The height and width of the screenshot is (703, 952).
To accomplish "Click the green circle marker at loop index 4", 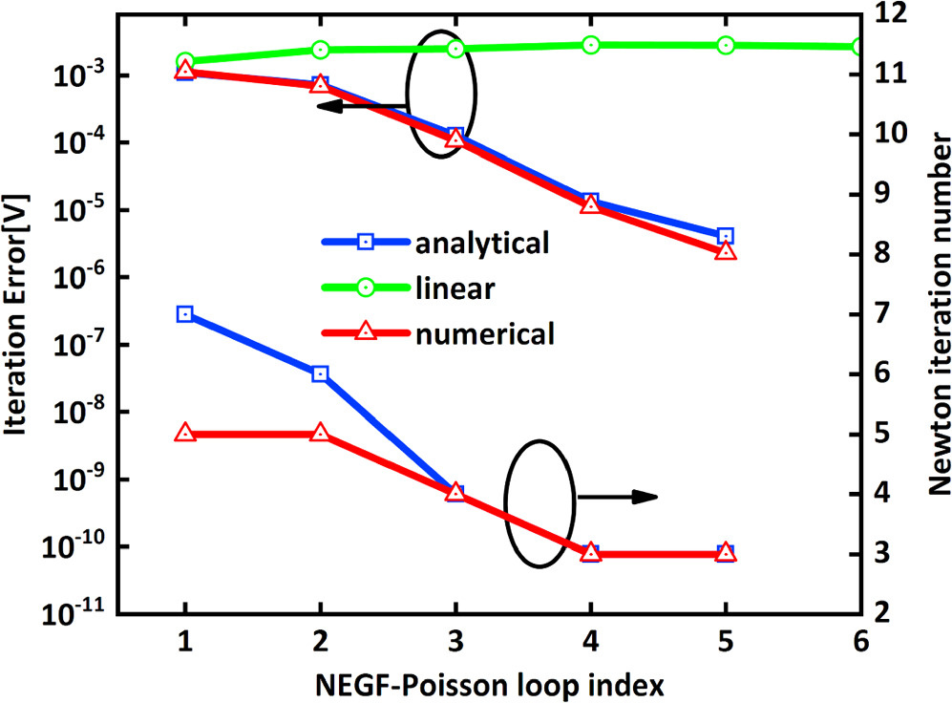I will point(591,45).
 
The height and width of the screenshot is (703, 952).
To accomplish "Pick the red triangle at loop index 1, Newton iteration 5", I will point(185,434).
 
